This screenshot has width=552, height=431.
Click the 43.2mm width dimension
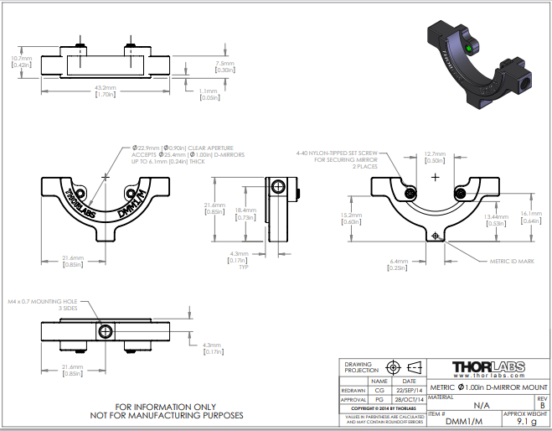(105, 91)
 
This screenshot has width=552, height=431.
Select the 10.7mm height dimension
(21, 61)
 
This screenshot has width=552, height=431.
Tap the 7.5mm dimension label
(224, 66)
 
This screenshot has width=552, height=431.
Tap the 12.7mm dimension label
(435, 157)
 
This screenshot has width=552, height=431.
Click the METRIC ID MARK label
(511, 261)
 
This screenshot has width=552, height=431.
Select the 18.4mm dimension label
(245, 214)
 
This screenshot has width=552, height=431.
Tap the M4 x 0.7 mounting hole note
(42, 304)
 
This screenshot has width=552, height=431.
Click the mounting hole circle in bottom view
(106, 332)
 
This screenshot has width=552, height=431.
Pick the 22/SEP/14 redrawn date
(409, 390)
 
